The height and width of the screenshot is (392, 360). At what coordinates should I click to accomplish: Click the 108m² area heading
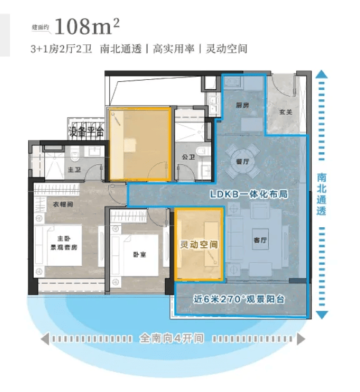point(87,26)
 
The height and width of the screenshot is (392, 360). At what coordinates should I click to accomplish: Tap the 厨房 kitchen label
point(242,105)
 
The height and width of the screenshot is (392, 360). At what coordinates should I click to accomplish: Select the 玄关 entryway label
point(286,112)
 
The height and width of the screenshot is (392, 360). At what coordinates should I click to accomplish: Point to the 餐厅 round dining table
point(242,162)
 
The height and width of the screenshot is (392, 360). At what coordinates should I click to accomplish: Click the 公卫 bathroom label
point(188,157)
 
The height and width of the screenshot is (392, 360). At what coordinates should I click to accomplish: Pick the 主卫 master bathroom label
point(74,170)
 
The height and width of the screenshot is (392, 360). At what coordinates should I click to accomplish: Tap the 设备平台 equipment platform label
point(86,131)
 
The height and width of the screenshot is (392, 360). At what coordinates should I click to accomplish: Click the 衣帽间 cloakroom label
point(63,204)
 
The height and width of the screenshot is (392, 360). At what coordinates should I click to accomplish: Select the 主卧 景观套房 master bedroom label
point(64,243)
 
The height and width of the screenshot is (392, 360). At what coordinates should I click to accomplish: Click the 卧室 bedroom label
point(139,255)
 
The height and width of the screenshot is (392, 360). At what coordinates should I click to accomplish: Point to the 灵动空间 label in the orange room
point(199,245)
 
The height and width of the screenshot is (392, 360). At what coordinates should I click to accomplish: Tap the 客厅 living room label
point(260,240)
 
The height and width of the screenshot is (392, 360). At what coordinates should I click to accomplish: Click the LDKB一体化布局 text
point(249,194)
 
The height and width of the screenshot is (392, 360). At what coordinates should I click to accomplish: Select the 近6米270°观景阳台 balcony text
point(239,299)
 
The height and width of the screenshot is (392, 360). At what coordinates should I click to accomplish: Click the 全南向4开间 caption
point(171,338)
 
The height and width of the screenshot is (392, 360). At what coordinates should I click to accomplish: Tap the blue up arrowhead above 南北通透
point(321,74)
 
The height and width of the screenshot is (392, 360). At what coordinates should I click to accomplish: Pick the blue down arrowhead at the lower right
point(321,315)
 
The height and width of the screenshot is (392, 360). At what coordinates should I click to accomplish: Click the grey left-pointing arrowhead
point(45,339)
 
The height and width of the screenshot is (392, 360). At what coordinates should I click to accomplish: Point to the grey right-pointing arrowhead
point(301,339)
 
